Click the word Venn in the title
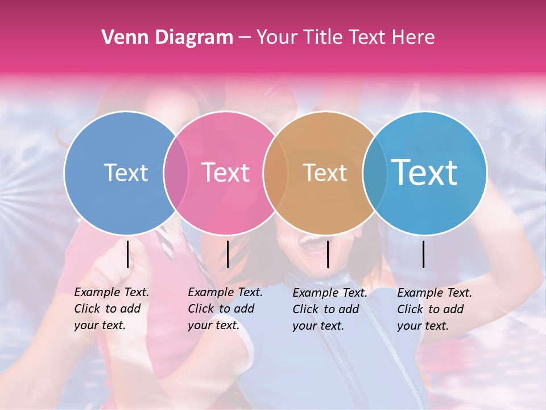coord(121,38)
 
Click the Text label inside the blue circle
coord(126,173)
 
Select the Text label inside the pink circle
coord(225,173)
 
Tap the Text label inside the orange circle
coord(325,173)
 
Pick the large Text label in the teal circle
coord(425,173)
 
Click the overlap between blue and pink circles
coord(176,173)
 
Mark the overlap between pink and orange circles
coord(275,173)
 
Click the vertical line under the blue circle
coord(127,254)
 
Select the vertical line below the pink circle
coord(227,254)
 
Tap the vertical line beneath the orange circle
coord(328,254)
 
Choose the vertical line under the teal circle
coord(424,254)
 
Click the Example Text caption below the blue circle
coord(111,309)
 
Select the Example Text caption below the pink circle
coord(225,309)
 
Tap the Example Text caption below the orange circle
coord(330,309)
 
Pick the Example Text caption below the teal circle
coord(435,309)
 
